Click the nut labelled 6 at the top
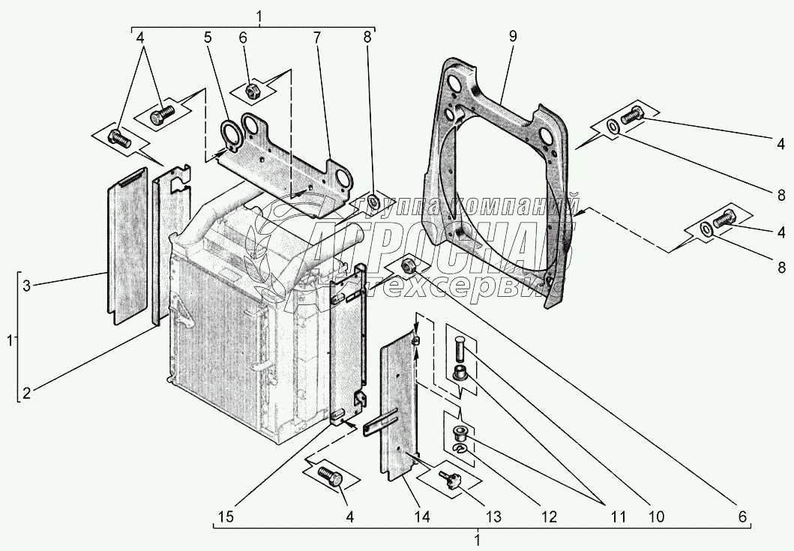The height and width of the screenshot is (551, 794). click(x=253, y=91)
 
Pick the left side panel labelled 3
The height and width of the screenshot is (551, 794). click(x=126, y=245)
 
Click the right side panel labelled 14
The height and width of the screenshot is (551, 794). click(x=399, y=407)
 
